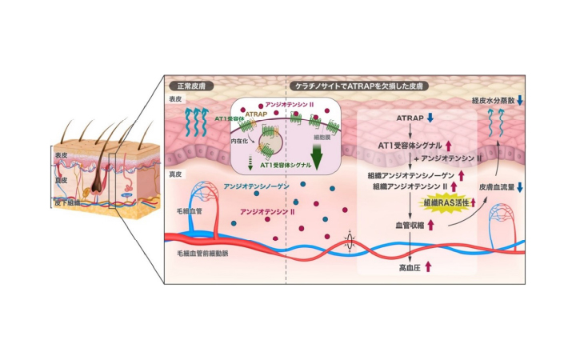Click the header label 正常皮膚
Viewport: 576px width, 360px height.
[187, 86]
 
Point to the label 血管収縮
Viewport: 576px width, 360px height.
[406, 226]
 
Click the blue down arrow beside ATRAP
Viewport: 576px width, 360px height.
[430, 118]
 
